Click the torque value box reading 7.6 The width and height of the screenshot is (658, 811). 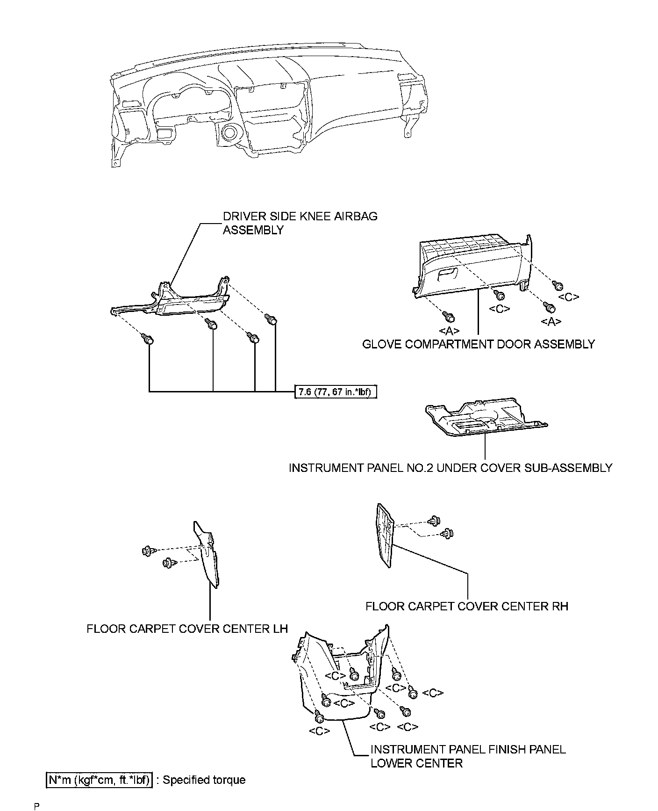click(335, 391)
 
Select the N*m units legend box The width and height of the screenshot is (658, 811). click(99, 780)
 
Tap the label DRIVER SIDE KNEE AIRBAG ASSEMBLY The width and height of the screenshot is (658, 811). click(300, 223)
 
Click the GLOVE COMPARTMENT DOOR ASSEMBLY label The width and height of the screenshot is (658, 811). click(479, 344)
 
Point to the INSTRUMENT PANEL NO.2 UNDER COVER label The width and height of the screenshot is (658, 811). click(450, 468)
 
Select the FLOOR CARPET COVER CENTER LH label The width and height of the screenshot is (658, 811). click(187, 628)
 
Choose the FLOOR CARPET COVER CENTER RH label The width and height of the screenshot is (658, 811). click(466, 606)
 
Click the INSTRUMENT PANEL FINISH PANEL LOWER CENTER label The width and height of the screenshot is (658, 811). click(467, 756)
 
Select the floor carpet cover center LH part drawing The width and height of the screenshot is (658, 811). click(207, 554)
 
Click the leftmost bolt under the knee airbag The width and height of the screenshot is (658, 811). click(149, 339)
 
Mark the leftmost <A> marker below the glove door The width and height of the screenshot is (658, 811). click(449, 331)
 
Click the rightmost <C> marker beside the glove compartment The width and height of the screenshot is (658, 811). click(569, 297)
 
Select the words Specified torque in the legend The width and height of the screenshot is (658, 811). click(204, 780)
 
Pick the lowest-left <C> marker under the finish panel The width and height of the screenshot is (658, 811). click(320, 731)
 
